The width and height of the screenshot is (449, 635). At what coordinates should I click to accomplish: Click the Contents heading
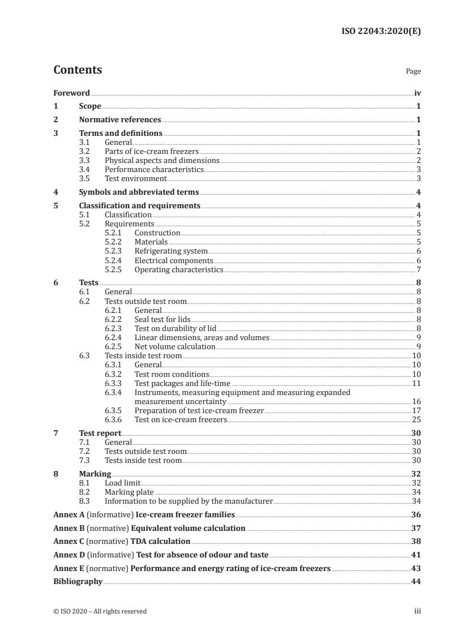coord(78,70)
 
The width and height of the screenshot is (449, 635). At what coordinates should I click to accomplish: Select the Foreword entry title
coord(71,93)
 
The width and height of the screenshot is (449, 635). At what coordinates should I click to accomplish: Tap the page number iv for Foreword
coord(417,93)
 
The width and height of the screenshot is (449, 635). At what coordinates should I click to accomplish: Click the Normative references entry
coord(120,120)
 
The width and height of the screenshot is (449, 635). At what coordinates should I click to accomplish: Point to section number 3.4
coord(84,169)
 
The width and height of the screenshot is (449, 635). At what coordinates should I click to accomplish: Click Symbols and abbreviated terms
coord(138,192)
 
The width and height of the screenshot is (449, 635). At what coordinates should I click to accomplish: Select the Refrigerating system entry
coord(171,251)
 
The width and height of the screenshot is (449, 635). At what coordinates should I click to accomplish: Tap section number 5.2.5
coord(114,269)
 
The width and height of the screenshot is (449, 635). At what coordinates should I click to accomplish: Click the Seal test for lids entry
coord(162,319)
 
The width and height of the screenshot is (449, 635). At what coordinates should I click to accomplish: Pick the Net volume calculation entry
coord(175,346)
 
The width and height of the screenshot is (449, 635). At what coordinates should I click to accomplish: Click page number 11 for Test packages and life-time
coord(416,383)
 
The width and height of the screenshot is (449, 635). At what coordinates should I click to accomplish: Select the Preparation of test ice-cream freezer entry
coord(199,410)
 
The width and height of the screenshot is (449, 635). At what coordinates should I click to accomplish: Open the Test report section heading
coord(100,433)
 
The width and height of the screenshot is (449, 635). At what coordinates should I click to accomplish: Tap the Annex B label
coord(68,528)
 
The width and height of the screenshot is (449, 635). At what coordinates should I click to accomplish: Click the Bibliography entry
coord(78,581)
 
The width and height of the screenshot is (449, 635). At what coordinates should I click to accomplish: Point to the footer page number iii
coord(417,611)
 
